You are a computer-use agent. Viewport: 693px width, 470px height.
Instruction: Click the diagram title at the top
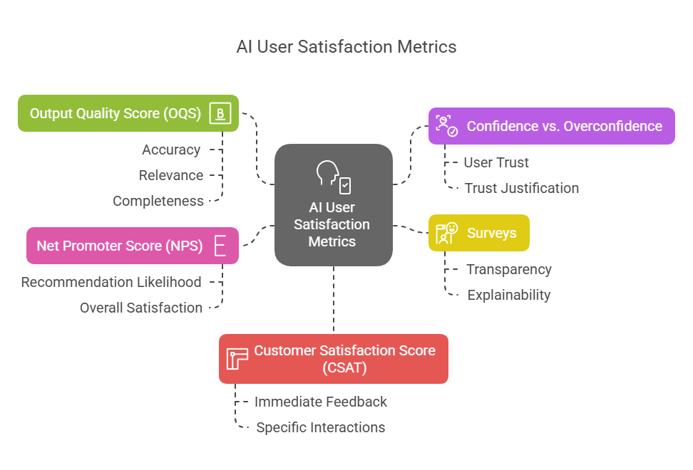346,47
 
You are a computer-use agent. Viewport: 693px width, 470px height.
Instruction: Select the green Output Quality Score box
128,113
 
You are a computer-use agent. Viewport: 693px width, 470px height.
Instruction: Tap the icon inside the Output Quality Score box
220,113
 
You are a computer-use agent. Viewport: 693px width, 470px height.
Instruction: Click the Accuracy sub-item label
171,150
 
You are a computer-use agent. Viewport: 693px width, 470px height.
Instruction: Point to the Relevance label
171,176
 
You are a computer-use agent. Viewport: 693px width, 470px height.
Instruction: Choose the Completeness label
158,202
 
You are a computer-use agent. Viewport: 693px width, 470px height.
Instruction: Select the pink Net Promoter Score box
133,246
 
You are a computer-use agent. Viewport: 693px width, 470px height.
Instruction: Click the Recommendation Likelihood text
111,283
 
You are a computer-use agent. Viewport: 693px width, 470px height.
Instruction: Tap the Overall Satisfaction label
141,308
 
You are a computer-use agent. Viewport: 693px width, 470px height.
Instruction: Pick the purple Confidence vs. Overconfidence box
552,126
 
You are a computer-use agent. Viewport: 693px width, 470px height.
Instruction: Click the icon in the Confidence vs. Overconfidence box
447,126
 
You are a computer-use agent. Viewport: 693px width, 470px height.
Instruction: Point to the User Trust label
496,163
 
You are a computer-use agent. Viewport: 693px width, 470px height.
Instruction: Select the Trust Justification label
521,189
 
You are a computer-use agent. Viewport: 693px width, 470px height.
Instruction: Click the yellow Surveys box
479,233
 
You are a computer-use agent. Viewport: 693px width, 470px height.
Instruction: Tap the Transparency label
509,270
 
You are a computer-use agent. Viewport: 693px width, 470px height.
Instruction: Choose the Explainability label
509,296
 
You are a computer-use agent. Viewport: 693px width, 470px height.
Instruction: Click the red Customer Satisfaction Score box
334,359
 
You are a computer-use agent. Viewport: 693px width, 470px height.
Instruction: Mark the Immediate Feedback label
320,402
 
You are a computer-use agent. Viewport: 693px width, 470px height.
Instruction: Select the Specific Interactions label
320,428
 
